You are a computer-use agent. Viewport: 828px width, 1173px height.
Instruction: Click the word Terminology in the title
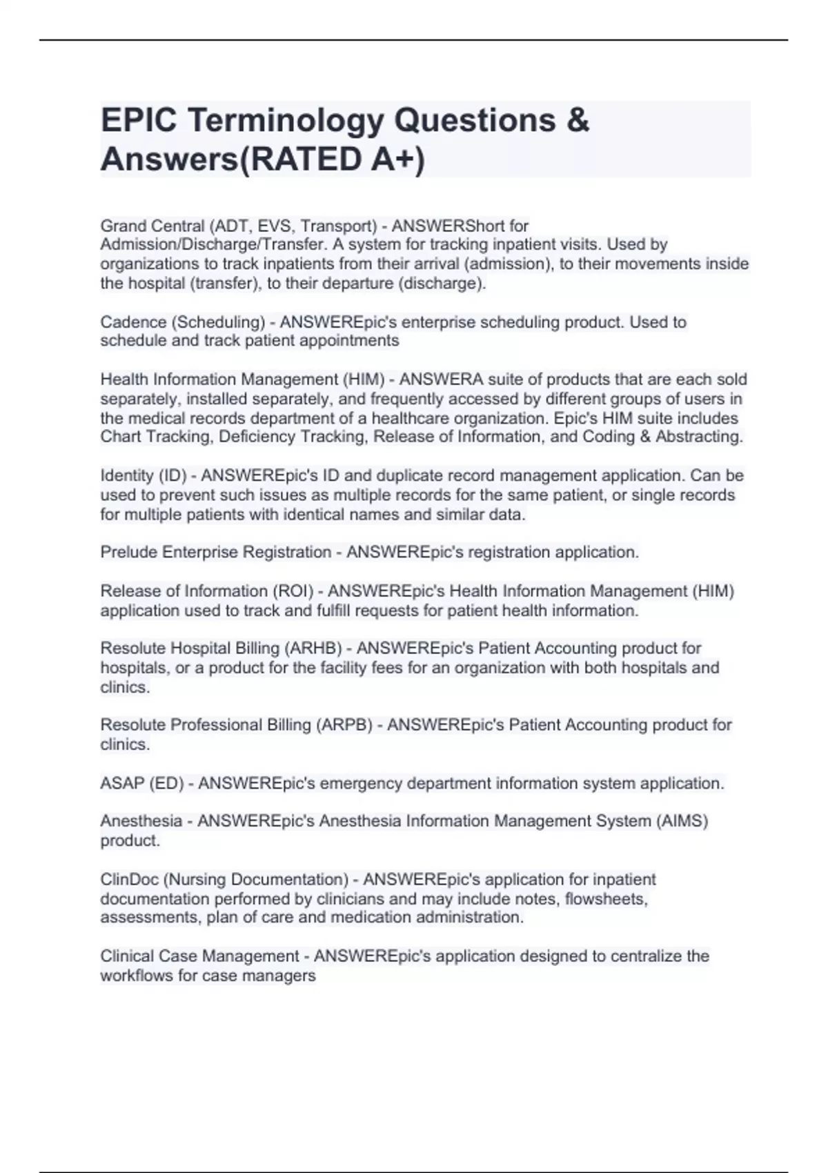tap(285, 120)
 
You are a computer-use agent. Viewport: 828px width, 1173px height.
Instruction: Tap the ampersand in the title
tap(578, 120)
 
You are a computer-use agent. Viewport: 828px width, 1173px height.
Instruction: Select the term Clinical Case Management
tap(200, 956)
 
